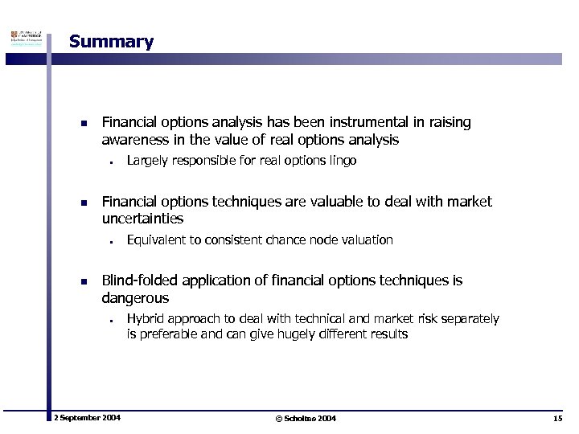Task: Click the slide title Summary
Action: [x=111, y=42]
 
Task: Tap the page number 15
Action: [x=558, y=419]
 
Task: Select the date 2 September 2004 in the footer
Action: [x=87, y=419]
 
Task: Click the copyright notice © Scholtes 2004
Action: [x=306, y=419]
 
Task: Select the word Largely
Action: [x=146, y=161]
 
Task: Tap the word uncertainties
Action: [x=143, y=219]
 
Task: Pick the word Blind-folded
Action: [x=138, y=280]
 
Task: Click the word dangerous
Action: [x=135, y=297]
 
